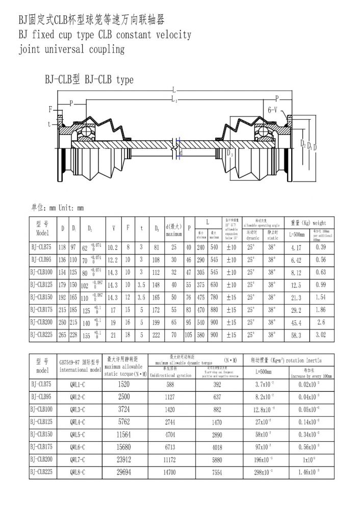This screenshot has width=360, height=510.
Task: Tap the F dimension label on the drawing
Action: pyautogui.click(x=50, y=109)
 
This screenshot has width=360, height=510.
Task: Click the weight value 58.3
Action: pyautogui.click(x=289, y=335)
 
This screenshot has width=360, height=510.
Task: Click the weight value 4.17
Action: pyautogui.click(x=289, y=246)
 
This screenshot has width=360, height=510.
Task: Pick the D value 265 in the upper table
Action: pyautogui.click(x=63, y=335)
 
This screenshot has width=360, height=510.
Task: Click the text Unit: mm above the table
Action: pyautogui.click(x=70, y=208)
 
